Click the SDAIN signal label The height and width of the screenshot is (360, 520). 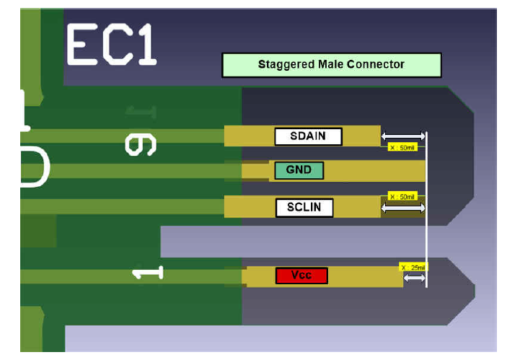click(x=308, y=136)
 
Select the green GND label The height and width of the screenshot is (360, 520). click(x=299, y=170)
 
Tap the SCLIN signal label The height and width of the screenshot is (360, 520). click(x=305, y=208)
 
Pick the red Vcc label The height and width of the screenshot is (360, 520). click(x=301, y=276)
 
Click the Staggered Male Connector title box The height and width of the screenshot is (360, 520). click(x=331, y=65)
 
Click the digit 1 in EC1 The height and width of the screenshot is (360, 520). click(x=144, y=45)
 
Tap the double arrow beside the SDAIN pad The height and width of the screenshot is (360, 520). click(x=403, y=136)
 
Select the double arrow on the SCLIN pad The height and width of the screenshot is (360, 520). click(x=403, y=208)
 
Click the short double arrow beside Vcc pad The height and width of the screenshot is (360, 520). click(x=414, y=278)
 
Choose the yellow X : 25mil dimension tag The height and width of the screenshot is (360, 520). click(x=413, y=267)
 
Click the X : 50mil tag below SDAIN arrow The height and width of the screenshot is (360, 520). click(x=402, y=147)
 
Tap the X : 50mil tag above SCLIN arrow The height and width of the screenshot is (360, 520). click(x=402, y=196)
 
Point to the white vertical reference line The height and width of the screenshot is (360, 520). click(x=427, y=216)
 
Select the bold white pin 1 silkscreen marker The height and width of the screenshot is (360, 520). click(x=148, y=273)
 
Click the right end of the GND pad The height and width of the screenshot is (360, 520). click(x=421, y=171)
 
